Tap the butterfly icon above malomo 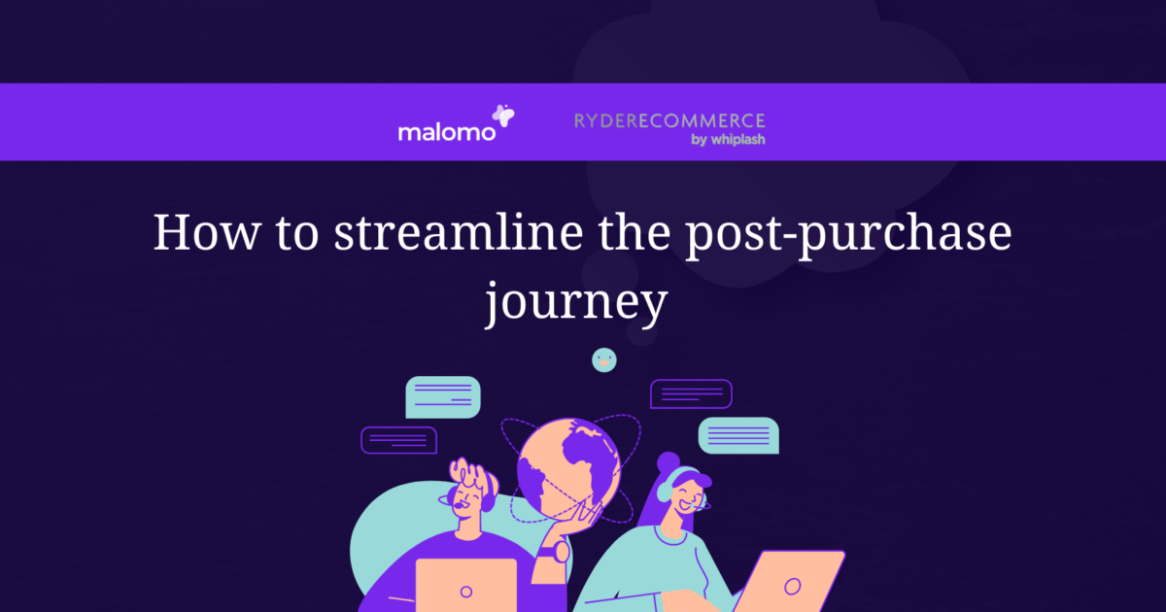(x=503, y=117)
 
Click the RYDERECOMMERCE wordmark (x=669, y=120)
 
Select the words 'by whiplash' (x=728, y=139)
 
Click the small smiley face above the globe (x=604, y=359)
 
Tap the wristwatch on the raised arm (x=562, y=551)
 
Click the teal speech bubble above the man (x=443, y=396)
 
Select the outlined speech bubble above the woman (x=690, y=393)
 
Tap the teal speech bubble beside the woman (x=738, y=435)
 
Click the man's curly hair (x=473, y=475)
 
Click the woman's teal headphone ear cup (x=664, y=491)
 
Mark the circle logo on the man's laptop (x=465, y=591)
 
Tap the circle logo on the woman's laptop (x=793, y=586)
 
